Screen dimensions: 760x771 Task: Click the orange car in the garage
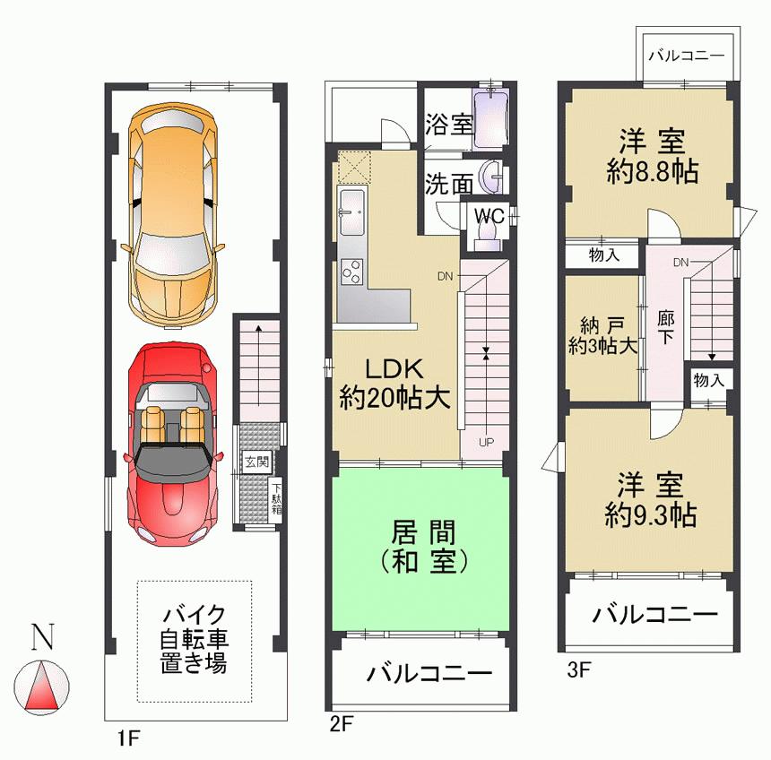pos(172,215)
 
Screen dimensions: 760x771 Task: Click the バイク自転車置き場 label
pos(195,640)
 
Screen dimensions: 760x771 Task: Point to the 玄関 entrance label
pos(256,462)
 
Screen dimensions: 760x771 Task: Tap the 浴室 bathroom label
pos(448,124)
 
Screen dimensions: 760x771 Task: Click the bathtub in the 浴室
pos(490,117)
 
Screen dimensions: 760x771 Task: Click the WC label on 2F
pos(488,216)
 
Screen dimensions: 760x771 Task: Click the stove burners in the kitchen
pos(351,270)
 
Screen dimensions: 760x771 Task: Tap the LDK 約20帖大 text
pos(394,384)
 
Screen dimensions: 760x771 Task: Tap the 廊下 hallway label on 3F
pos(665,329)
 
